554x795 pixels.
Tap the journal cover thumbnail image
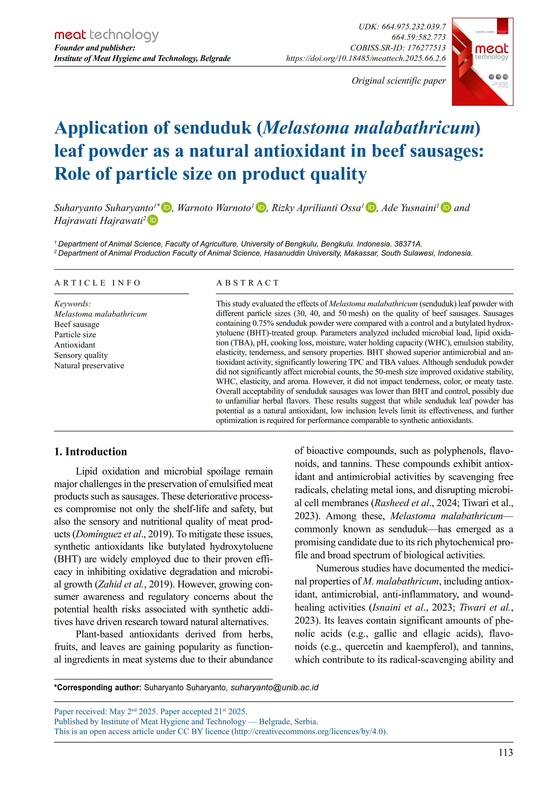(482, 62)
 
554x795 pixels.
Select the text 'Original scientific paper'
(398, 81)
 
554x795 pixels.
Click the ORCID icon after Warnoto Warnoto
(261, 207)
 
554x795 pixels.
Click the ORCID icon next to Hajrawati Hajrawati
(153, 220)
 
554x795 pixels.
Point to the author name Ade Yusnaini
(409, 208)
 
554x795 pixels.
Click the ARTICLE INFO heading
(97, 283)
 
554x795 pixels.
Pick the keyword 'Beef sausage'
(76, 324)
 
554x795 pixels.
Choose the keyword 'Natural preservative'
(89, 366)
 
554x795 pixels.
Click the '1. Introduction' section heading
(90, 452)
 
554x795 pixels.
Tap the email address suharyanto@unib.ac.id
(274, 687)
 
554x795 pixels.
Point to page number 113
(505, 752)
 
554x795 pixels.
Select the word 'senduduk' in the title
(212, 128)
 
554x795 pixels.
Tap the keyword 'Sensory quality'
(81, 355)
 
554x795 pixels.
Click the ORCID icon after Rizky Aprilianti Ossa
(371, 207)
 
